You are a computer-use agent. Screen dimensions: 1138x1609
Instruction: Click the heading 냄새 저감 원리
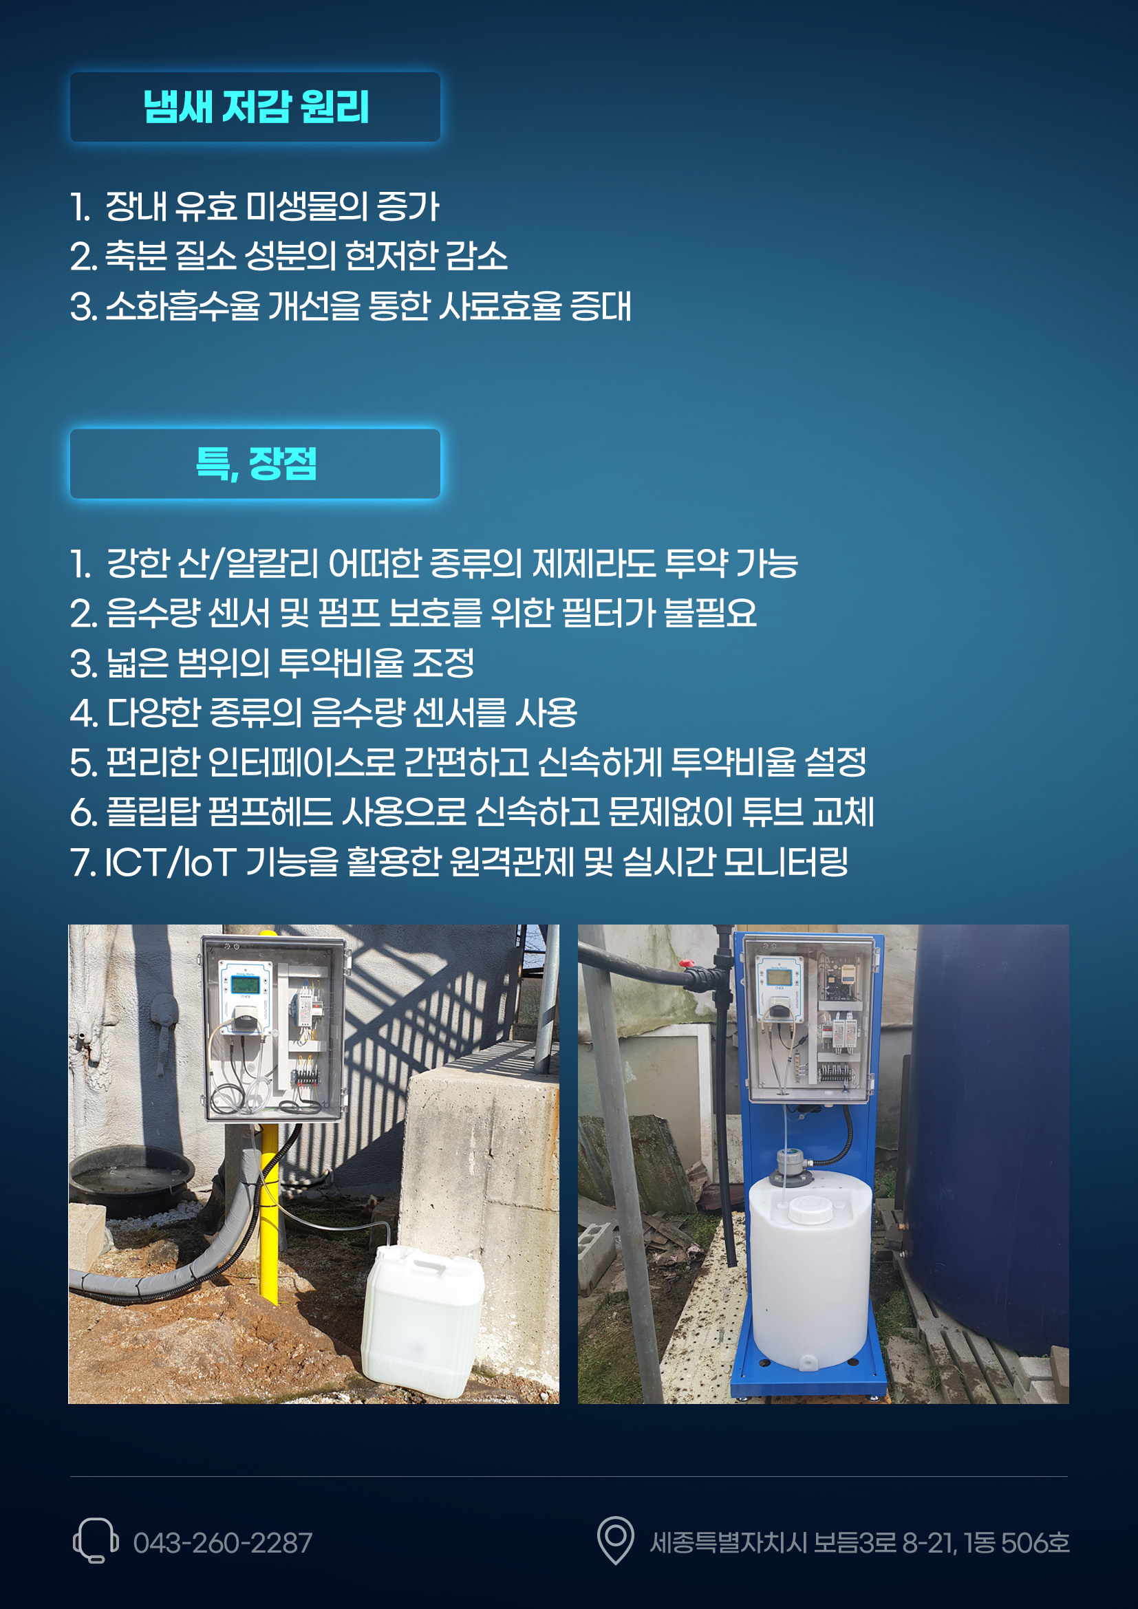click(x=256, y=107)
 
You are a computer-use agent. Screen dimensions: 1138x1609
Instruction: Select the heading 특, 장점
click(x=256, y=463)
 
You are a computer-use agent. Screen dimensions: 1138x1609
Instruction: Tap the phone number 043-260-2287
click(x=223, y=1542)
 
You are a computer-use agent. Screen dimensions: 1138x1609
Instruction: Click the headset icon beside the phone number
click(x=96, y=1540)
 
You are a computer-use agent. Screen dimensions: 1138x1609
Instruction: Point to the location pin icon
click(x=615, y=1540)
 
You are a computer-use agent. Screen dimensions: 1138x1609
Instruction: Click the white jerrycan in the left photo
click(x=422, y=1321)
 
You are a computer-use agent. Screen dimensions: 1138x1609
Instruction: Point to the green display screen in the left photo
click(x=244, y=984)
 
